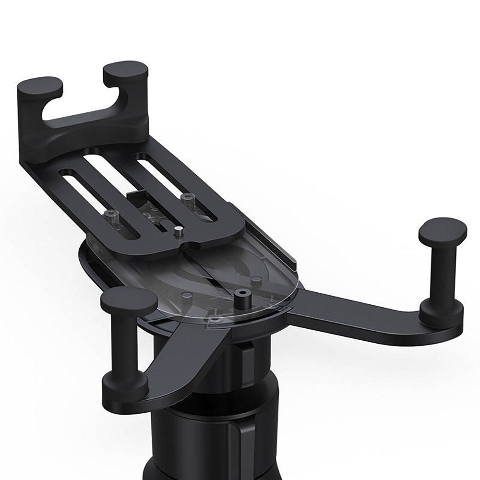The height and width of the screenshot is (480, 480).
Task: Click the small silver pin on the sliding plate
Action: point(178,231)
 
